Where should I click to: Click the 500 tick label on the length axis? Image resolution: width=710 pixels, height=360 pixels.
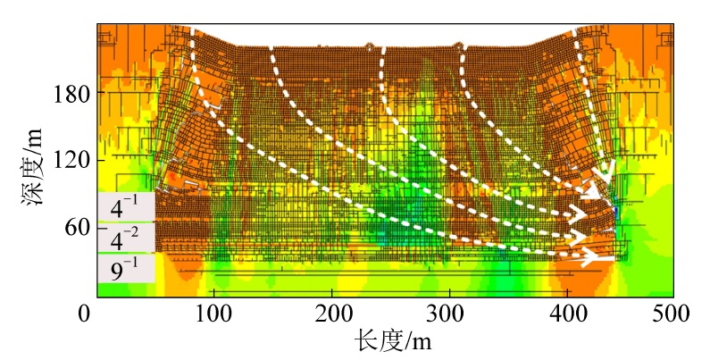click(x=673, y=314)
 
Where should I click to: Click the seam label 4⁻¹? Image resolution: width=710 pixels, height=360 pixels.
click(x=122, y=209)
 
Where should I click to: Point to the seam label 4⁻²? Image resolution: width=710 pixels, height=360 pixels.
click(x=122, y=239)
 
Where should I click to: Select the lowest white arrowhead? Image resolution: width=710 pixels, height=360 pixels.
click(x=589, y=258)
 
